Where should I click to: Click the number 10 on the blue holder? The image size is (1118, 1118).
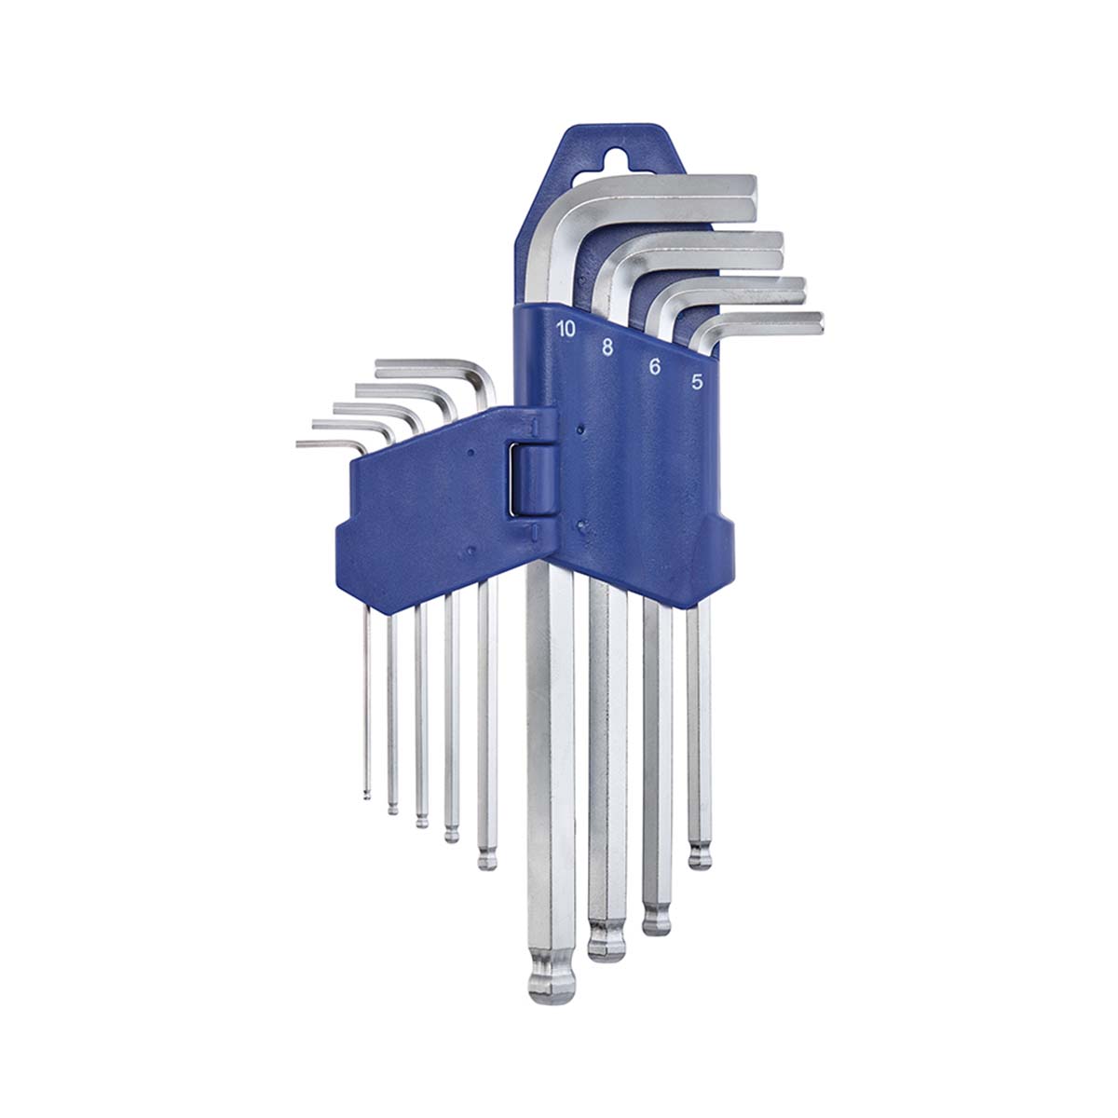(566, 329)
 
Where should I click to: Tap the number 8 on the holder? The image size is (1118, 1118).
(607, 348)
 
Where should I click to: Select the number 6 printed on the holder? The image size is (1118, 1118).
(654, 366)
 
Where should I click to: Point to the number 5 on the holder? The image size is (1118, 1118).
(697, 381)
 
